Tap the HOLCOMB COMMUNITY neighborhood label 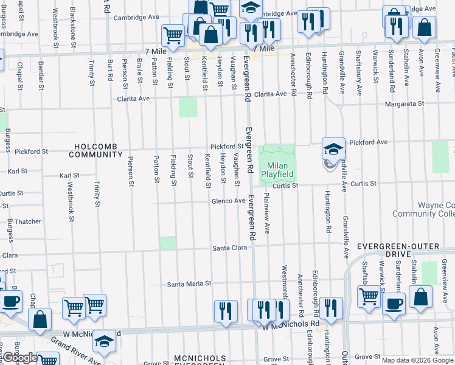[x=96, y=150]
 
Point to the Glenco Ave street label [x=228, y=201]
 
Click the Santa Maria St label [x=189, y=283]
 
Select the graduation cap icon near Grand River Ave [x=105, y=342]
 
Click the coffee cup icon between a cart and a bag [x=394, y=302]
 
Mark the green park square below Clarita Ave [x=189, y=108]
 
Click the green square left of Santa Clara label [x=168, y=243]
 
